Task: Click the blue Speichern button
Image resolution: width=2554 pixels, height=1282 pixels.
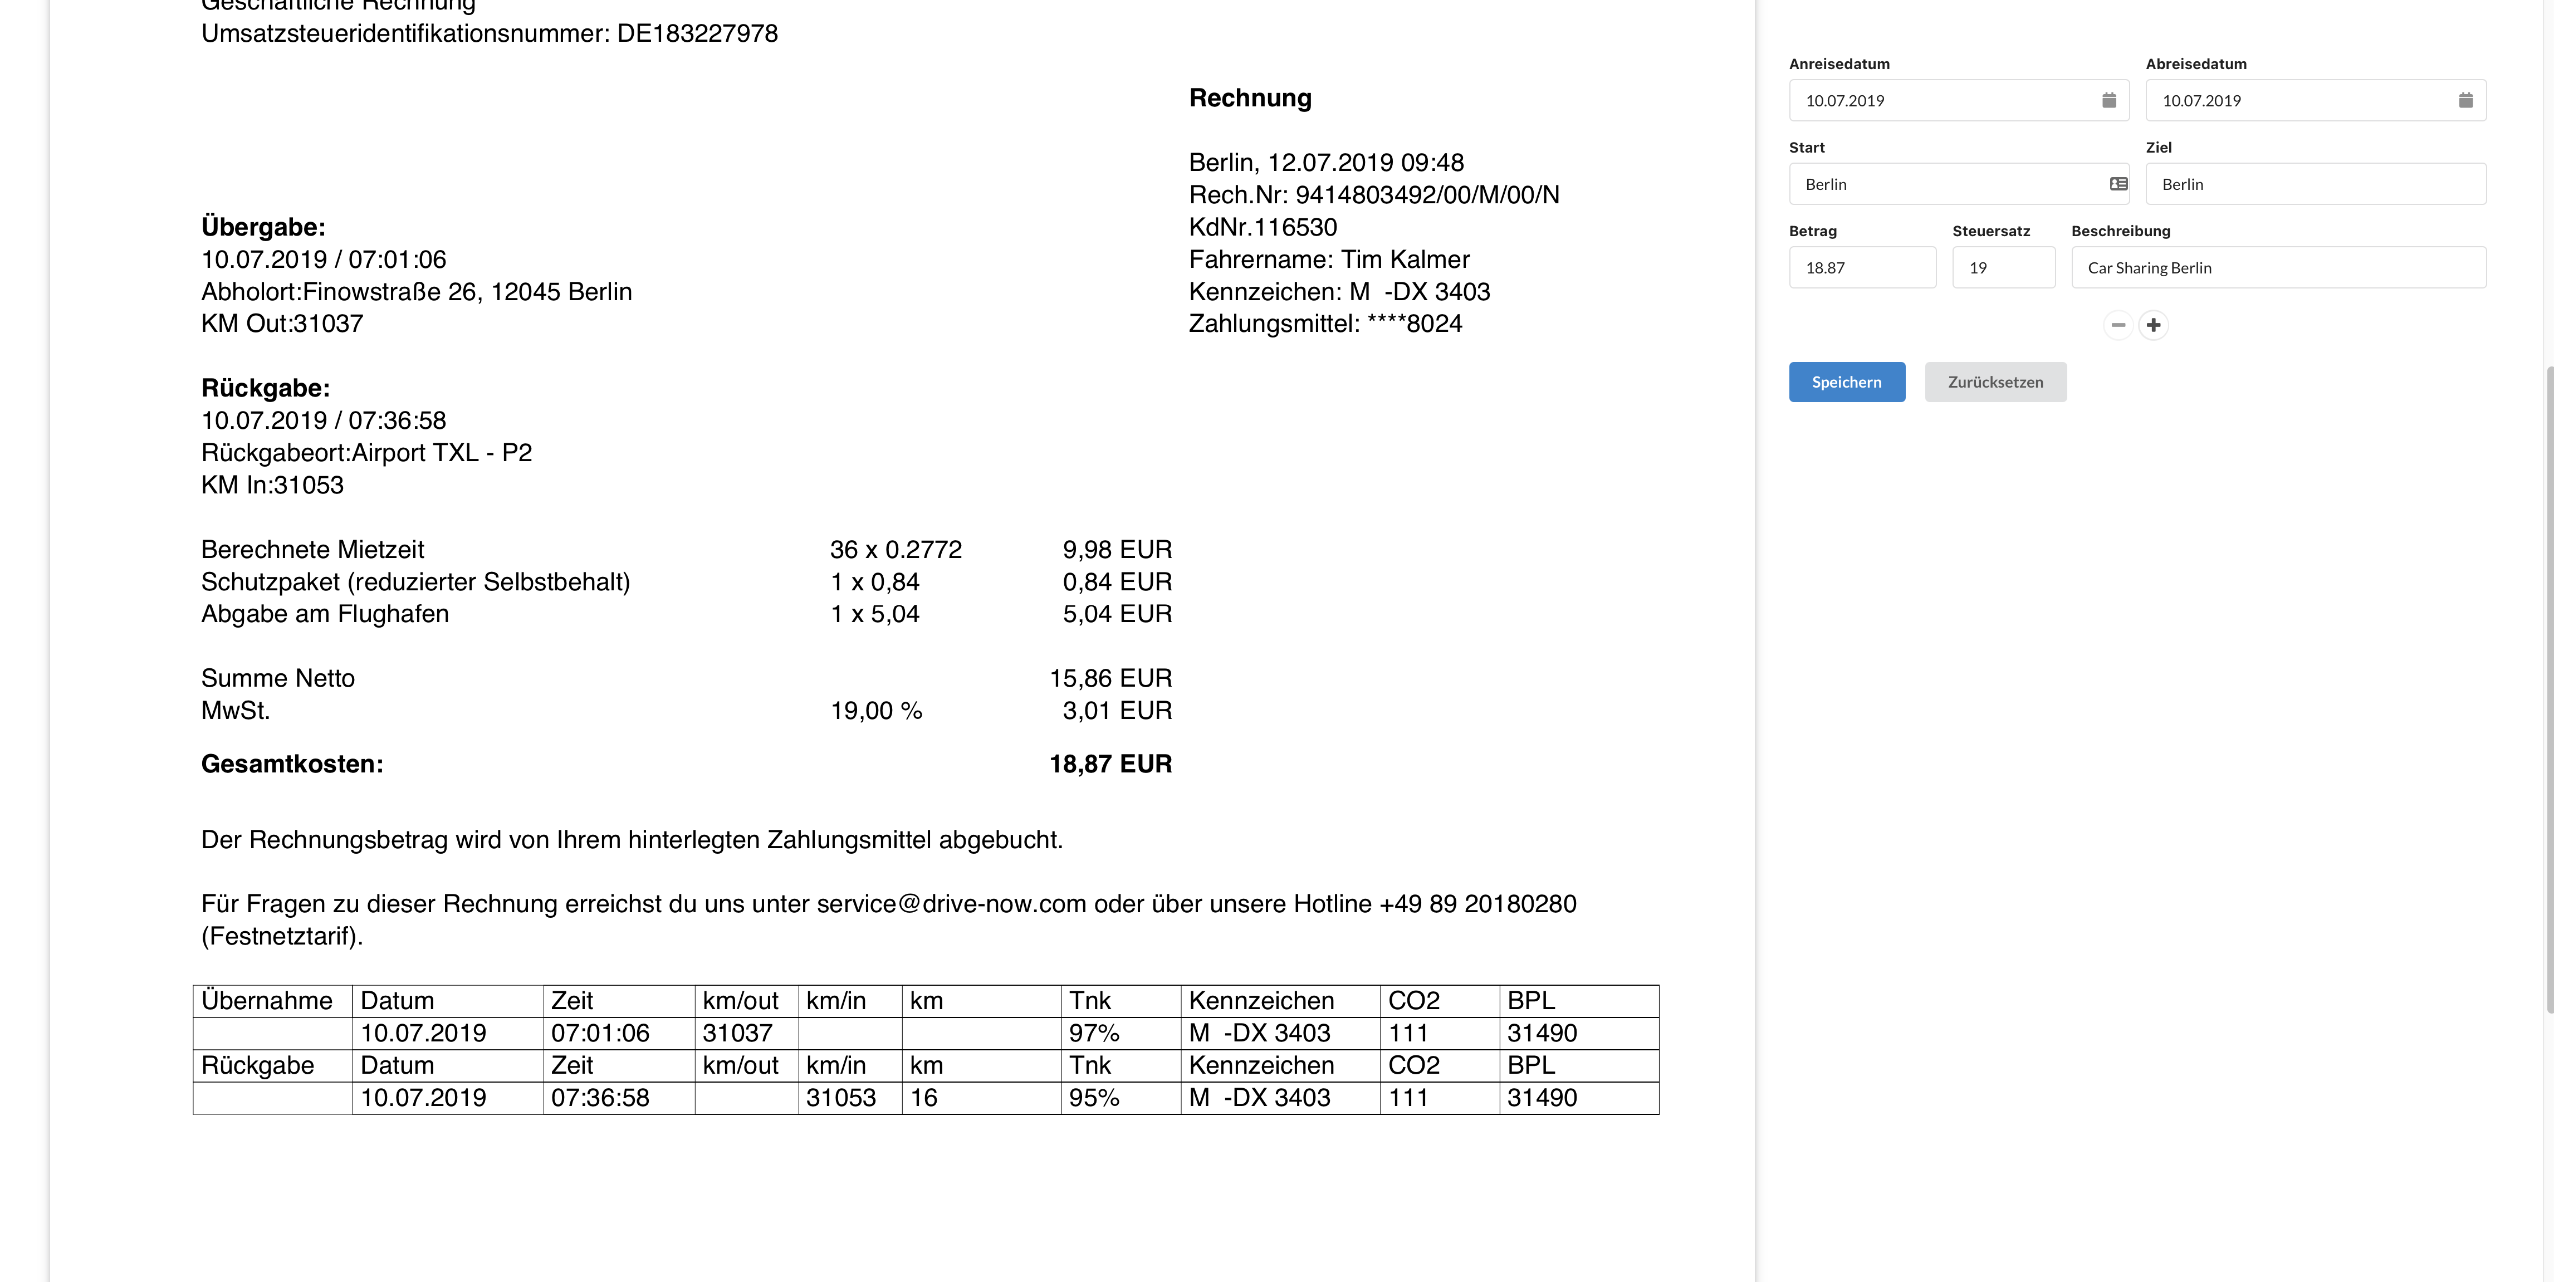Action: click(x=1846, y=381)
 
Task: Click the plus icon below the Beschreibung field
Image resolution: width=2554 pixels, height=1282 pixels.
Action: click(x=2154, y=325)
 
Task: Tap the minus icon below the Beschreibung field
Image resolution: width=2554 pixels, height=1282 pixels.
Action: click(x=2118, y=325)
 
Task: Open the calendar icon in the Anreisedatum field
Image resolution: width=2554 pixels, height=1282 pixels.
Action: click(x=2109, y=100)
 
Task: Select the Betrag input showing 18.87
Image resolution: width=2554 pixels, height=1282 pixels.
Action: click(x=1861, y=268)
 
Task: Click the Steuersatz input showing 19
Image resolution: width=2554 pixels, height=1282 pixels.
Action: click(x=2003, y=268)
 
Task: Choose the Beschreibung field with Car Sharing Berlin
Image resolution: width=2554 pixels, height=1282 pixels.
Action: click(x=2277, y=268)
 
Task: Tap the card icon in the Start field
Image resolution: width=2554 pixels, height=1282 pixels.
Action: click(x=2118, y=184)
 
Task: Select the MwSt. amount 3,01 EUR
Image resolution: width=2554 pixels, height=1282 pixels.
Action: click(x=1117, y=711)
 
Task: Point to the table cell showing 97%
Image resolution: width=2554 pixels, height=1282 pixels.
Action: click(x=1094, y=1033)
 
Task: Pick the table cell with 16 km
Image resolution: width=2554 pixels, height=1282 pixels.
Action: click(x=924, y=1098)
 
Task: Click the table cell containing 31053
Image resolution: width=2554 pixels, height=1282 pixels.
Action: click(x=841, y=1098)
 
